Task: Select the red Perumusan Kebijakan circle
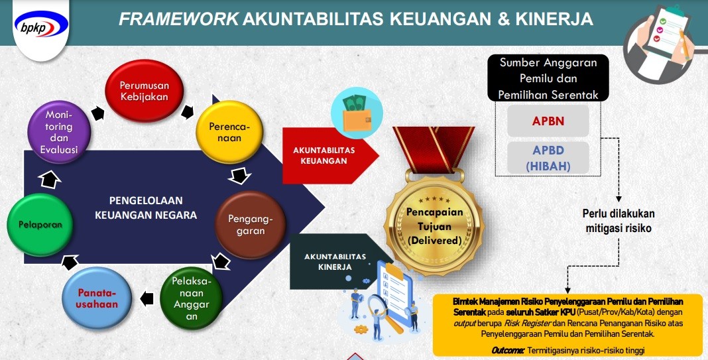144,91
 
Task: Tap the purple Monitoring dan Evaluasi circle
59,132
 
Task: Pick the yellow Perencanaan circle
229,132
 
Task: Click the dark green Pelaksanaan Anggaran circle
192,298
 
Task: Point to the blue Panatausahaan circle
97,298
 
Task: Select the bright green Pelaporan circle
40,225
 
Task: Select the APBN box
548,121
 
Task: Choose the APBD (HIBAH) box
548,158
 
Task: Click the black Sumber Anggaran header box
548,78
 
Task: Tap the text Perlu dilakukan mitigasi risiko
618,220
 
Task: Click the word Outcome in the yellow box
508,350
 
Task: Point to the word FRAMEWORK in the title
179,19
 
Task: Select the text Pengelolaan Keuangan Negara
146,208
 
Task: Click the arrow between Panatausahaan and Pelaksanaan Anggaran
147,298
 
